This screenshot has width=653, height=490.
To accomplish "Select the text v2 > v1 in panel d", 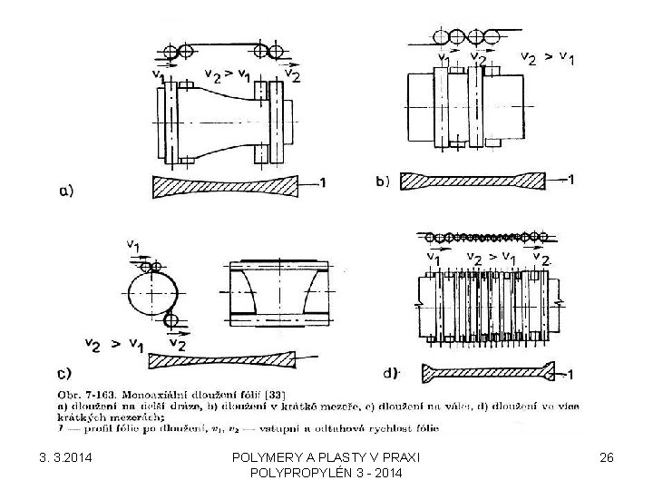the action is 491,257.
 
